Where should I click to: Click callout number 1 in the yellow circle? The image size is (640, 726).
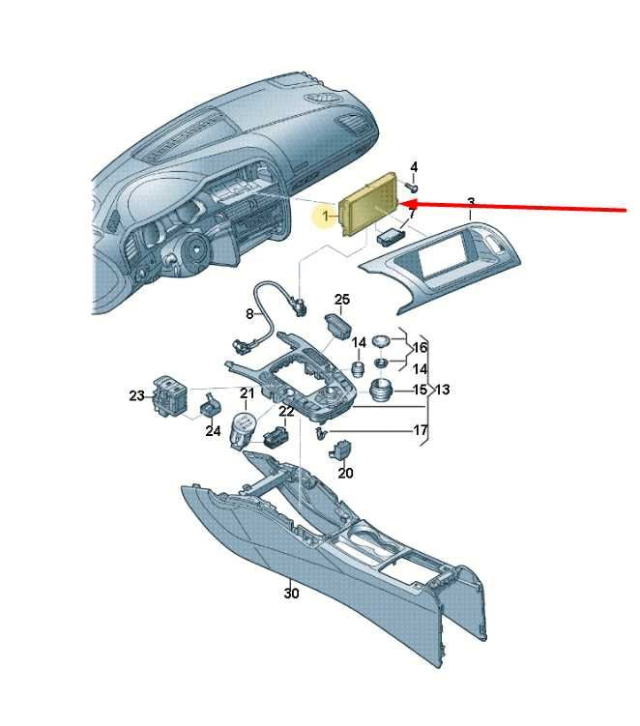click(326, 216)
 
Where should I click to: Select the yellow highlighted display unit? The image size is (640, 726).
click(369, 204)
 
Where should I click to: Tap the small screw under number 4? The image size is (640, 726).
click(411, 187)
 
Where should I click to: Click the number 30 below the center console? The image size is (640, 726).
click(291, 594)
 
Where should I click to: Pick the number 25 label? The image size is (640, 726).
click(342, 300)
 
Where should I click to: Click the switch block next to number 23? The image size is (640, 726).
click(169, 396)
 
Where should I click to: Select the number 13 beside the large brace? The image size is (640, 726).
click(442, 390)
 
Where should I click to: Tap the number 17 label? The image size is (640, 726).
click(421, 430)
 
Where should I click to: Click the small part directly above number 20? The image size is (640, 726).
click(340, 450)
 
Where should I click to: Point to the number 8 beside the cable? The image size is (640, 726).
click(249, 314)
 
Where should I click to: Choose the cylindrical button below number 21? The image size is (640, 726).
click(244, 429)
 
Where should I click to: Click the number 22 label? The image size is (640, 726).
click(286, 411)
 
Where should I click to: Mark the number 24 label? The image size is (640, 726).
click(213, 431)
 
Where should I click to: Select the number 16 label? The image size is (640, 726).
click(420, 347)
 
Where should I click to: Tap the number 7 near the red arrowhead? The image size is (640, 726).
click(411, 214)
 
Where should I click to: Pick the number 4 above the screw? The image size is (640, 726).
click(414, 166)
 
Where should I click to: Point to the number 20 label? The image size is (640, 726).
click(345, 473)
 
